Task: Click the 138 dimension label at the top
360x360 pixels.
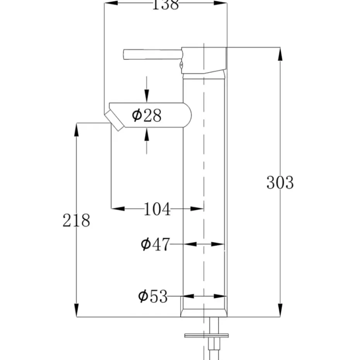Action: pos(165,5)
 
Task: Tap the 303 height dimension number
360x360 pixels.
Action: pos(280,182)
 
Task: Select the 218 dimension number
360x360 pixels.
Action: pos(76,220)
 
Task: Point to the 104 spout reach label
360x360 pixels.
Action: pos(157,209)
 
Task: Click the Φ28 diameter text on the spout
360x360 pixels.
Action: pos(146,115)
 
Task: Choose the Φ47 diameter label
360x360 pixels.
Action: pos(155,244)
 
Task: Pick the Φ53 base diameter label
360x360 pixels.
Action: pos(153,297)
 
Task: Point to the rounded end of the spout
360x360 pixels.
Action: pos(187,115)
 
